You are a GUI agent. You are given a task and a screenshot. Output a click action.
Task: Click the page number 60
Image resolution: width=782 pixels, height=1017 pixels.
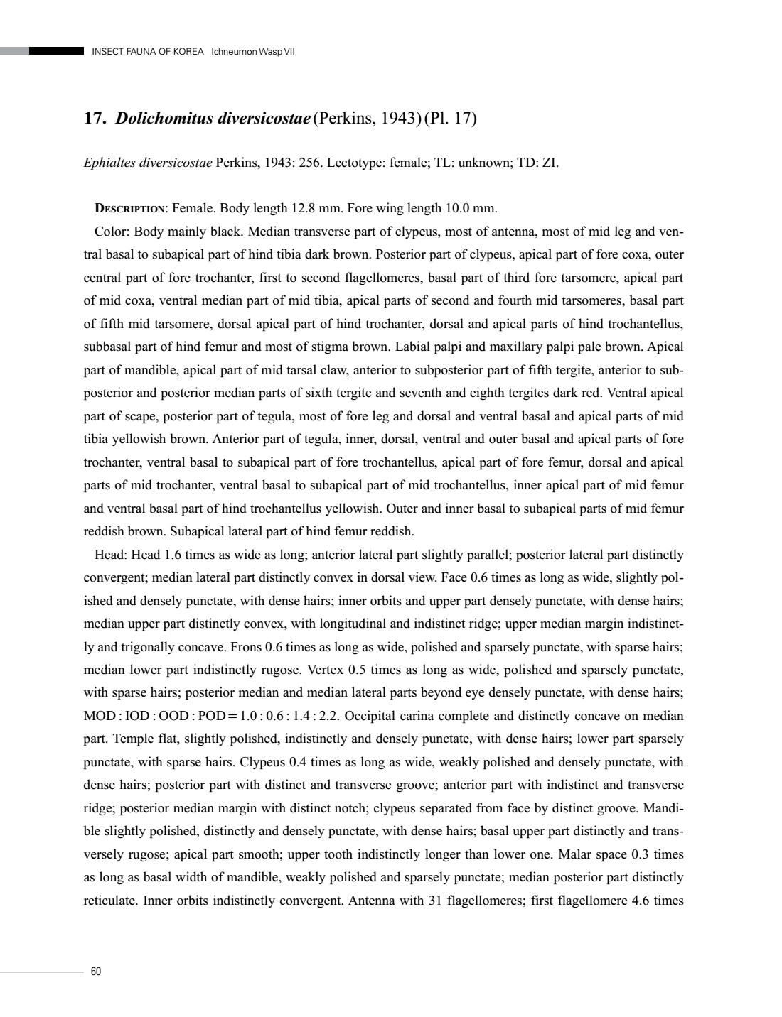click(96, 972)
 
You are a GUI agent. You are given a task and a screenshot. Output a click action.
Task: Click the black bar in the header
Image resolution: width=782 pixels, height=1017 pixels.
click(57, 51)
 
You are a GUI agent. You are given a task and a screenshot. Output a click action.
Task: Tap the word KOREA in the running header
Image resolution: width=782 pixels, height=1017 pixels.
click(188, 52)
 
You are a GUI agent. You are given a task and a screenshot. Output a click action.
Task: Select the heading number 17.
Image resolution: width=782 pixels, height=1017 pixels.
click(95, 118)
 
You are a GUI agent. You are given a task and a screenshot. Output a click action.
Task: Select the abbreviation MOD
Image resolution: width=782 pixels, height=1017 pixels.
click(98, 716)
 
